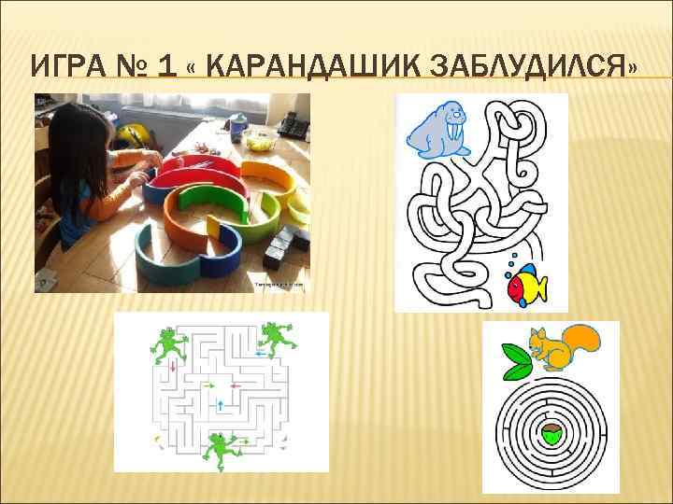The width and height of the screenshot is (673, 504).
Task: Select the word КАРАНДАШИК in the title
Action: tap(308, 67)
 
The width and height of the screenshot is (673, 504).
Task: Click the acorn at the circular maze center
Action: tap(551, 434)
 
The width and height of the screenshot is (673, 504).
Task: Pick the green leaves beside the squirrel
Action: tap(516, 362)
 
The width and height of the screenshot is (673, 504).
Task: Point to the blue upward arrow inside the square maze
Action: tap(220, 405)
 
